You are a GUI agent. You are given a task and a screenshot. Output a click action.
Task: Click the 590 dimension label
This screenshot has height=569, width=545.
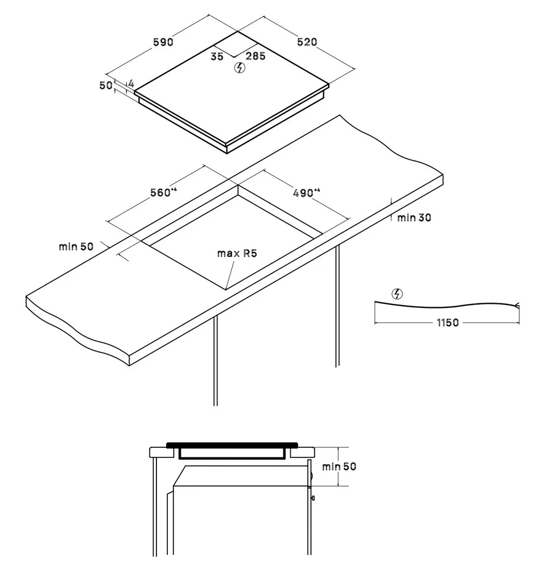pos(163,42)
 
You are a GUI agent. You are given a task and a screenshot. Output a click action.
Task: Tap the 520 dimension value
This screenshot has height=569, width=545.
pos(307,42)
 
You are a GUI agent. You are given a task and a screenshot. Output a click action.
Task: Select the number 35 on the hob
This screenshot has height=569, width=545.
pos(217,56)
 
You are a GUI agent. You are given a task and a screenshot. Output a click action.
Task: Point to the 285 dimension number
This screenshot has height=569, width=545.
pos(255,56)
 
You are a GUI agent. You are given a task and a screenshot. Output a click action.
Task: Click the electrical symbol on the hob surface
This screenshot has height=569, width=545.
pos(240,68)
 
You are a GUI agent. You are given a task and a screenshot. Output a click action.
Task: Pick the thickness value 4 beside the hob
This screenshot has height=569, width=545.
pos(131,84)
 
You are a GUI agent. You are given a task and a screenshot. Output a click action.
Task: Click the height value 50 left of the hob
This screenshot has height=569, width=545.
pos(106,85)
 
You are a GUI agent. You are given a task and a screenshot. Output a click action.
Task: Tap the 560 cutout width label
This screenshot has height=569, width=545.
pos(163,192)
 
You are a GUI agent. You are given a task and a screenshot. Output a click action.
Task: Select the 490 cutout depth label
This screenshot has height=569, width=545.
pos(307,193)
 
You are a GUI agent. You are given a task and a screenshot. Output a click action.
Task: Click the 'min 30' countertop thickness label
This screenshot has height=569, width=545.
pos(414,218)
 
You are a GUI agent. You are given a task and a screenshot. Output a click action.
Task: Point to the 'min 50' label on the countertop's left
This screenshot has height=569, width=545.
pos(76,247)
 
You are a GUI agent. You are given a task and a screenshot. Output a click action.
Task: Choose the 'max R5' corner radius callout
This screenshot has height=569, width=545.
pos(237,253)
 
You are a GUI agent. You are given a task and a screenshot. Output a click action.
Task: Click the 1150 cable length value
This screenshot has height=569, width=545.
pos(448,323)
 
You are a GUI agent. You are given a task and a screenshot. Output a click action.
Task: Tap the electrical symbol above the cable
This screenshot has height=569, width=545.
pos(398,294)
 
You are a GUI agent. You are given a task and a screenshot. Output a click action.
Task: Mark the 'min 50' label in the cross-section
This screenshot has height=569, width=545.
pos(339,467)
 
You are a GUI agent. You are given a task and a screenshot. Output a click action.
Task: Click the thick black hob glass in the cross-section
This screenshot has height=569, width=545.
pos(232,445)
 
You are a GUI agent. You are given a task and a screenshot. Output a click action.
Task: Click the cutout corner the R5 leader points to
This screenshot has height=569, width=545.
pos(226,290)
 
